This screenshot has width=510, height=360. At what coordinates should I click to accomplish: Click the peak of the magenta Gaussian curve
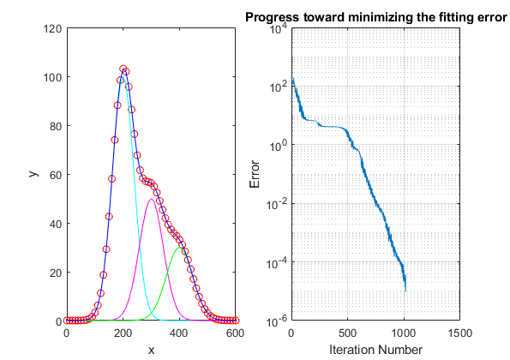[151, 199]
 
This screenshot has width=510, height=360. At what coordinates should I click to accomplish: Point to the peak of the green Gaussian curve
[179, 248]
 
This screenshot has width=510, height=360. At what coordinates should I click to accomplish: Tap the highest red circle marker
[123, 69]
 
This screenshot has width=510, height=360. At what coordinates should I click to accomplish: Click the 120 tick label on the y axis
[52, 28]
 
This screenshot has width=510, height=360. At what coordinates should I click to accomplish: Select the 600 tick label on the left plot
[235, 333]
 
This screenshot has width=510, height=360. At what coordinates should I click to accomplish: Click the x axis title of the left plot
[151, 351]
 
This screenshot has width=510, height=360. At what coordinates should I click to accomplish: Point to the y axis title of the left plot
[33, 174]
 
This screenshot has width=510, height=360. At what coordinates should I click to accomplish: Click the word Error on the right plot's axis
[255, 174]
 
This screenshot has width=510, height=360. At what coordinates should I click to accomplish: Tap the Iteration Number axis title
[375, 350]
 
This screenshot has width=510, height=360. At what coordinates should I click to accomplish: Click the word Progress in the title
[272, 17]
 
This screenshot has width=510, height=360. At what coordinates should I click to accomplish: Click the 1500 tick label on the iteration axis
[459, 333]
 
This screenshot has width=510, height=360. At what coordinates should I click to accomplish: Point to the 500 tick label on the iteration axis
[347, 333]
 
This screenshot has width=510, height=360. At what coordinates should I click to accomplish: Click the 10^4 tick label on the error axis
[279, 28]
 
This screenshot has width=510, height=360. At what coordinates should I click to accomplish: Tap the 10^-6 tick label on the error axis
[277, 321]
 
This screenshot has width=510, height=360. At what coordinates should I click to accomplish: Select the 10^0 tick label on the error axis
[279, 146]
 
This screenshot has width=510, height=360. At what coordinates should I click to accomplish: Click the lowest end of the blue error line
[405, 291]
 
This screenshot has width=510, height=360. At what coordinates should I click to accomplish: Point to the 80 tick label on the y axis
[56, 126]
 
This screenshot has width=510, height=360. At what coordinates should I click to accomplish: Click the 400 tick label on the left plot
[179, 333]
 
